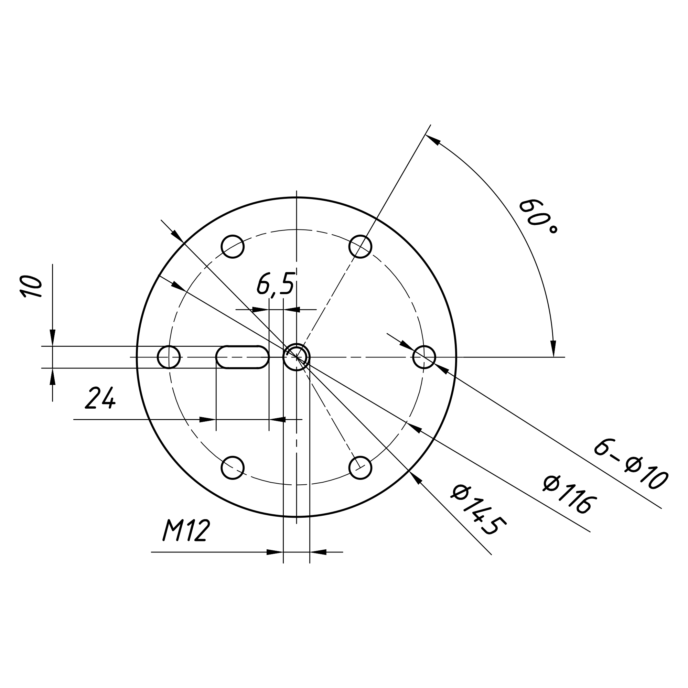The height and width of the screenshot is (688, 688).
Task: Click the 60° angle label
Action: (538, 216)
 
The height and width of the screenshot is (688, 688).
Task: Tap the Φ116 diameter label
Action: (569, 495)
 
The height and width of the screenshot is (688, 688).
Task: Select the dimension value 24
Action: (100, 398)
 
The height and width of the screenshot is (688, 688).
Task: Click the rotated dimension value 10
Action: (31, 286)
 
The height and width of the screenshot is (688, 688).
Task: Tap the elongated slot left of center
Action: (243, 357)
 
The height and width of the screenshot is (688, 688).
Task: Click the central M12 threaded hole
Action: (296, 357)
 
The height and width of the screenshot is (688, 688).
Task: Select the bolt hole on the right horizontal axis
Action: (424, 357)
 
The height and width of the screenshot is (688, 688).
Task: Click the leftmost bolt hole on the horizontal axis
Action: (169, 357)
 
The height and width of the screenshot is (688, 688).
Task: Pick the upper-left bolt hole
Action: (233, 246)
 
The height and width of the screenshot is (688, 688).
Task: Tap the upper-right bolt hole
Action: (361, 246)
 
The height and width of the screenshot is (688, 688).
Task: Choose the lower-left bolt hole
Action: (233, 467)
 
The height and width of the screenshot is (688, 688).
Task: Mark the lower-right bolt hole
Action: (361, 467)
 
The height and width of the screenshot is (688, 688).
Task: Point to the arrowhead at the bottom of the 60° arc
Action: (553, 348)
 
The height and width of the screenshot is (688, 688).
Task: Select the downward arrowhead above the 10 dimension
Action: (52, 337)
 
